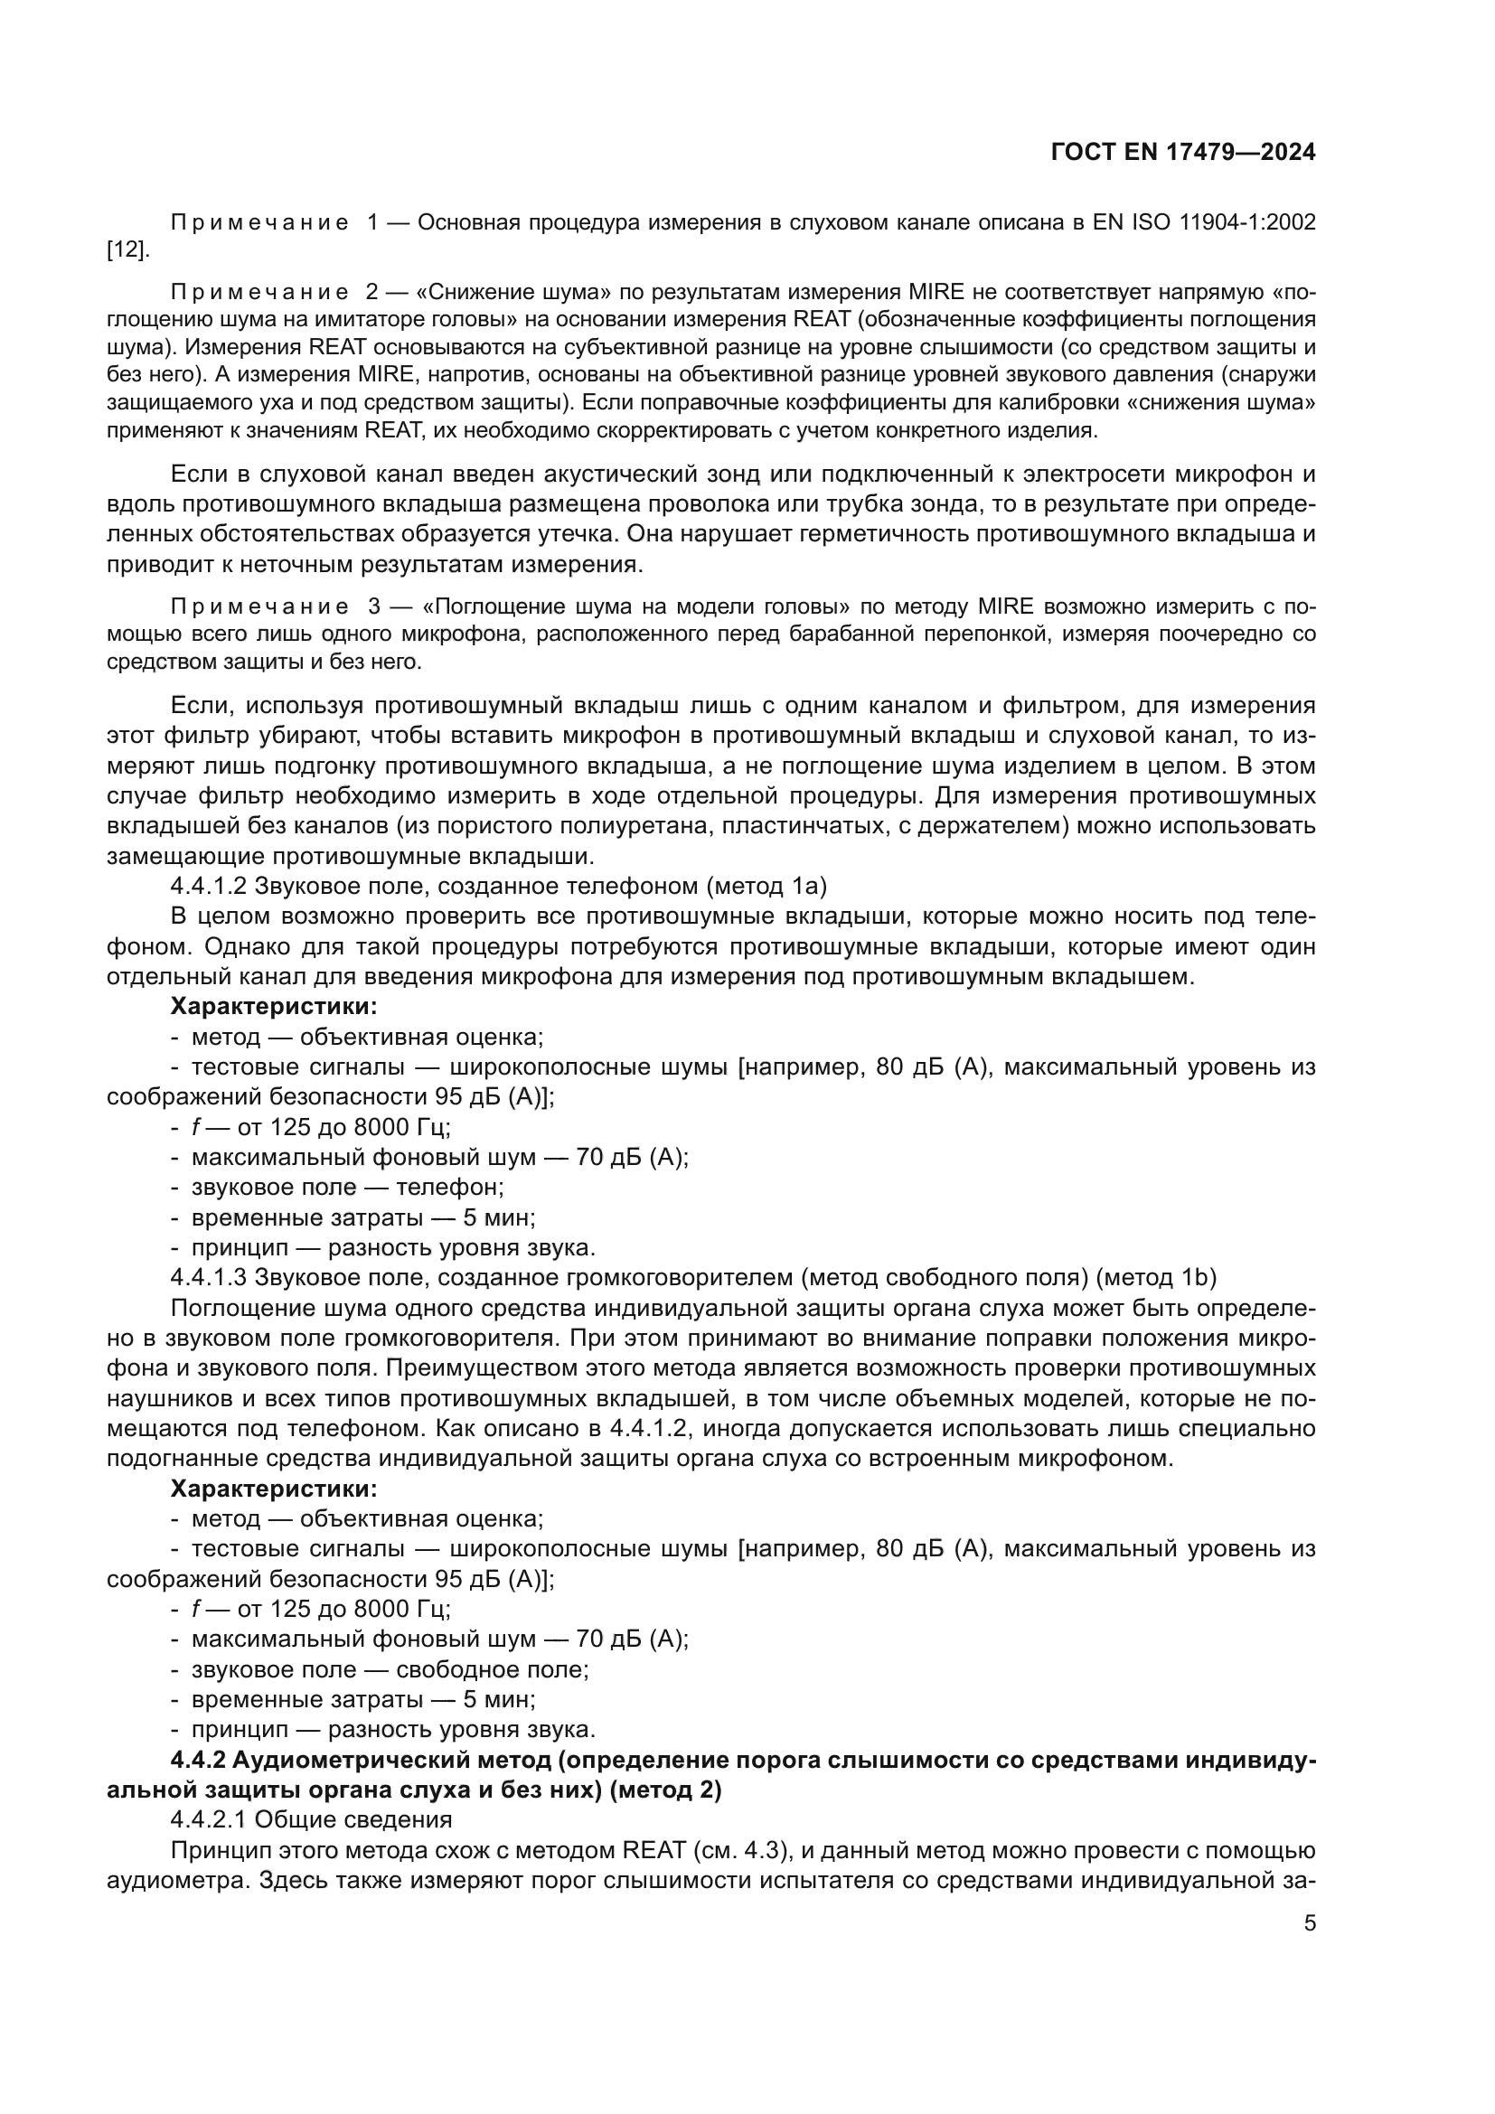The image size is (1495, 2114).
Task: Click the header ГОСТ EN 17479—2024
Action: [x=1182, y=153]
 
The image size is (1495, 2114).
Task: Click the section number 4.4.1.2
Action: [x=209, y=886]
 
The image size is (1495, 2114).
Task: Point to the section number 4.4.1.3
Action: [x=209, y=1277]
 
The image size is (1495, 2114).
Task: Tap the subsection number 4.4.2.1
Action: [x=209, y=1818]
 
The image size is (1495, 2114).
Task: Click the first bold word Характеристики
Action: [x=273, y=1006]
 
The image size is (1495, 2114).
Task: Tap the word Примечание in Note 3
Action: [x=259, y=606]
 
